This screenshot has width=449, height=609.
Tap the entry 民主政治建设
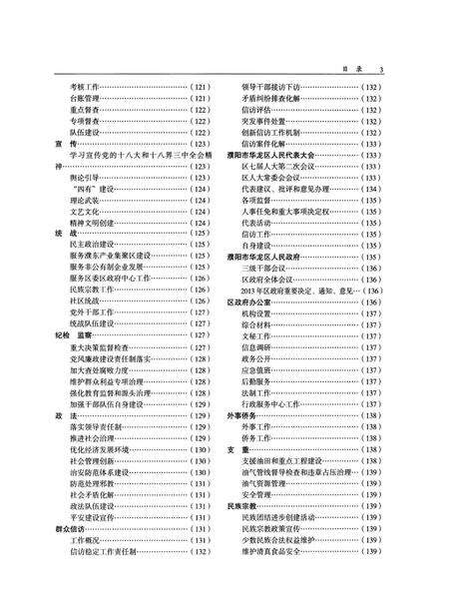(x=93, y=245)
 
